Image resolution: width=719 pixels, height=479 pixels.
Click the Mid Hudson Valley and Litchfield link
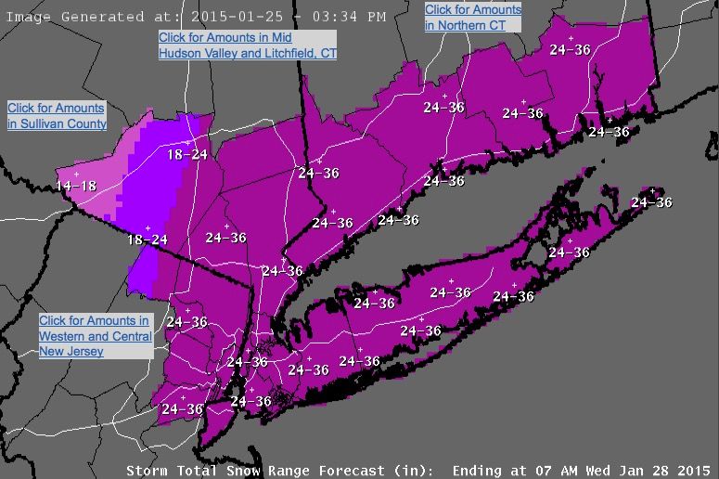point(247,45)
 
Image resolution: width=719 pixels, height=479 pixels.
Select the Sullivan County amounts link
point(57,116)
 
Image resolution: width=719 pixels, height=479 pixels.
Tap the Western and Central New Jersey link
point(95,335)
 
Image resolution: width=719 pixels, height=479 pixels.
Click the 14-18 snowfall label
point(76,186)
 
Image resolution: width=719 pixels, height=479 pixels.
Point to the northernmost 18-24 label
point(187,154)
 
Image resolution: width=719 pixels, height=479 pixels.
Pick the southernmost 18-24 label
point(148,239)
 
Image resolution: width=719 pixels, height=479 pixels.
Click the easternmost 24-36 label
point(651,201)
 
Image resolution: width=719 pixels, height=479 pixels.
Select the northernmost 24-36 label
point(570,50)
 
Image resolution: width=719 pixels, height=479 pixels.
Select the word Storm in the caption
point(147,469)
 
